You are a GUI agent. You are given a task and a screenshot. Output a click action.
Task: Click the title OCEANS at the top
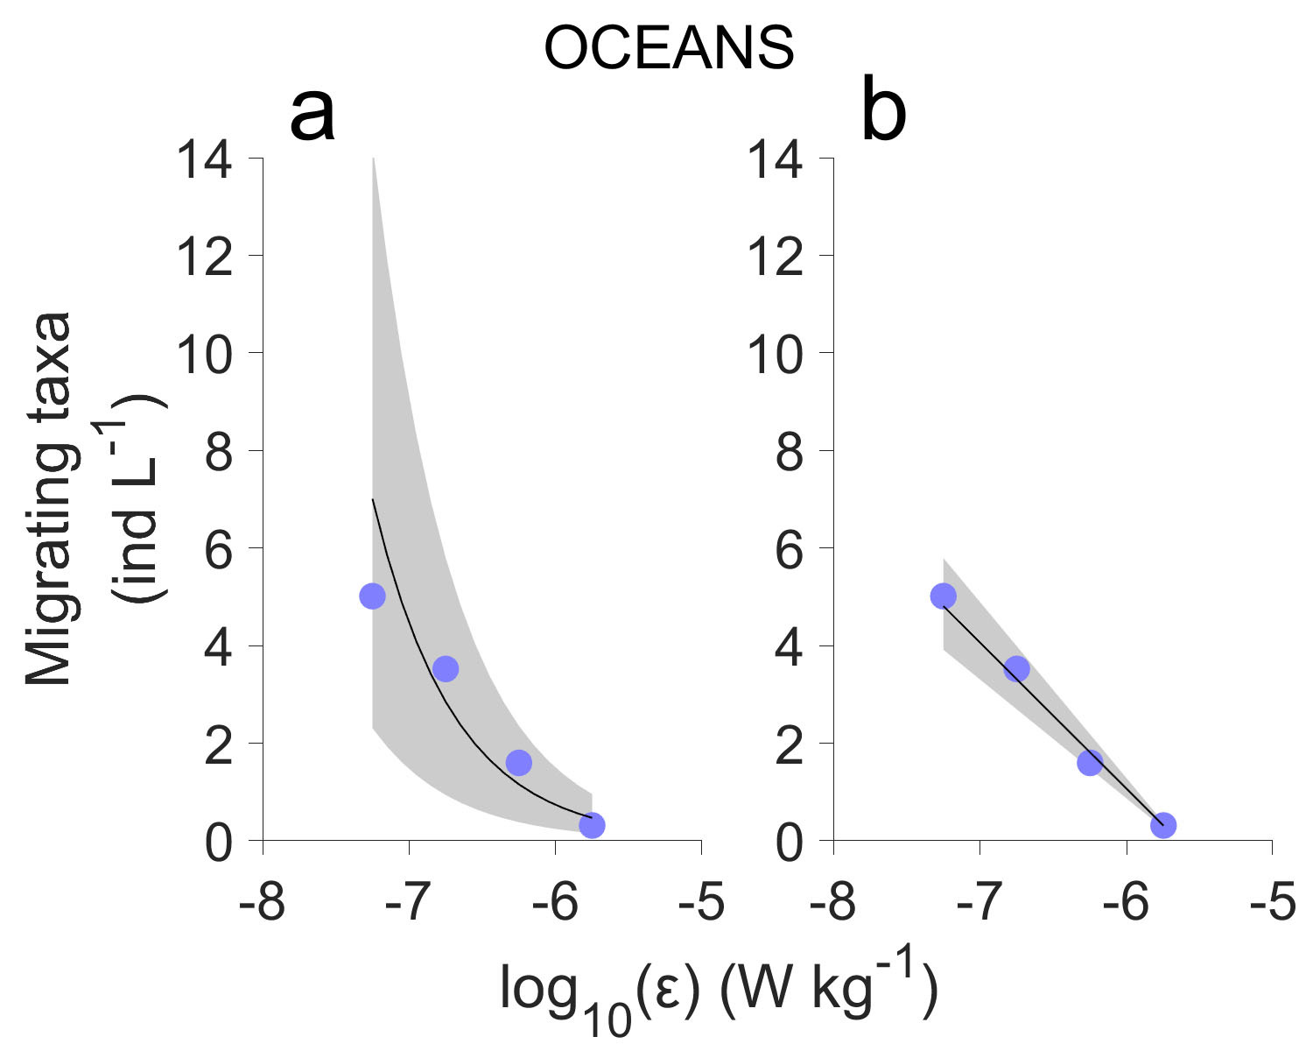point(669,48)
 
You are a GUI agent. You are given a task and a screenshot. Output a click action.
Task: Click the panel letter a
point(312,116)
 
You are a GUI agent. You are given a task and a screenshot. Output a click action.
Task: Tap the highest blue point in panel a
point(372,596)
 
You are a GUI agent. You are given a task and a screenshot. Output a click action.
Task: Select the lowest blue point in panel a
point(592,825)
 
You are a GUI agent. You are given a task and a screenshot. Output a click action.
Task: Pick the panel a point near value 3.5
point(446,669)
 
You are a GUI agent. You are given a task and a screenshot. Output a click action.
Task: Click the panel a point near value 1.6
point(519,763)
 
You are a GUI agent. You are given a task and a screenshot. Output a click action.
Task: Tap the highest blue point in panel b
point(943,596)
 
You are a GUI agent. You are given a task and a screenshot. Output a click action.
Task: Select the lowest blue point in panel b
point(1162,825)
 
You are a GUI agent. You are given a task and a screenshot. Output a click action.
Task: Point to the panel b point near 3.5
point(1016,669)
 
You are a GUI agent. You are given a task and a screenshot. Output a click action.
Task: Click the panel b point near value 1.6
point(1090,763)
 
